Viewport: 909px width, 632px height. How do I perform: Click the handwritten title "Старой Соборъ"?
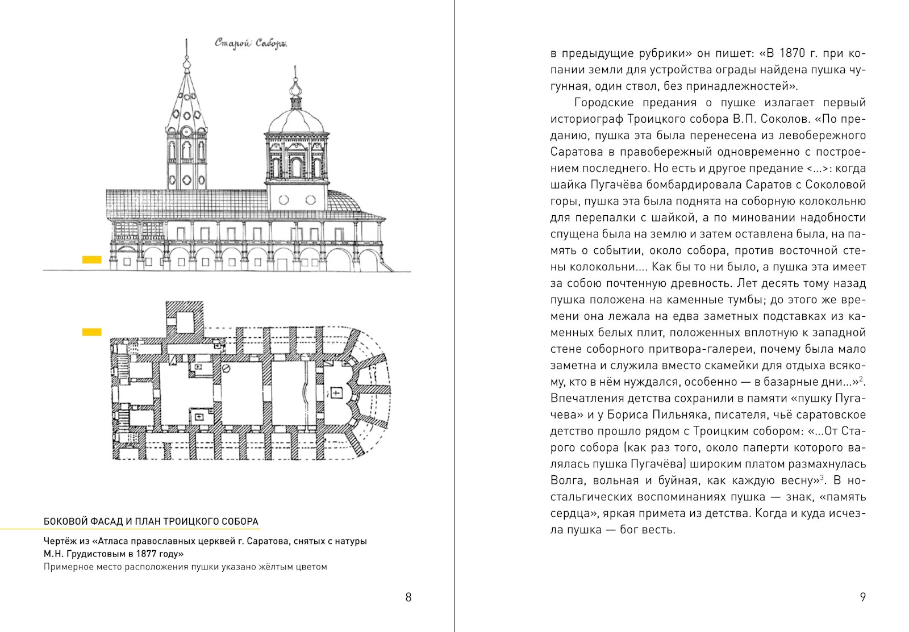pyautogui.click(x=251, y=44)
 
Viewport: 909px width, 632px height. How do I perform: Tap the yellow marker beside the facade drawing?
pyautogui.click(x=91, y=260)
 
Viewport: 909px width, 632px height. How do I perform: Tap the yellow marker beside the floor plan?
pyautogui.click(x=91, y=332)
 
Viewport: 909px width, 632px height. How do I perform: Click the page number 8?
pyautogui.click(x=408, y=597)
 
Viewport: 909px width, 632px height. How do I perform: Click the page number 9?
pyautogui.click(x=862, y=597)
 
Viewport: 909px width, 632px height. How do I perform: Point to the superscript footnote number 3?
pyautogui.click(x=822, y=478)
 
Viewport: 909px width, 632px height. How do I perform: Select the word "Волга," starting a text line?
pyautogui.click(x=568, y=480)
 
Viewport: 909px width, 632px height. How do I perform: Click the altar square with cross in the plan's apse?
pyautogui.click(x=336, y=393)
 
